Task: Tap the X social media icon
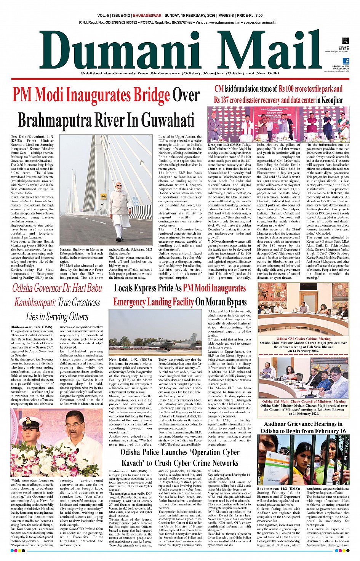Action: (345, 41)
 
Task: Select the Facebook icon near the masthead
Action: (346, 61)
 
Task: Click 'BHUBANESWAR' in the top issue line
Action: (147, 16)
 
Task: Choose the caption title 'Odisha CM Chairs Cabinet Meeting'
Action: (303, 339)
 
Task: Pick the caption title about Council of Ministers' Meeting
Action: (304, 401)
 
